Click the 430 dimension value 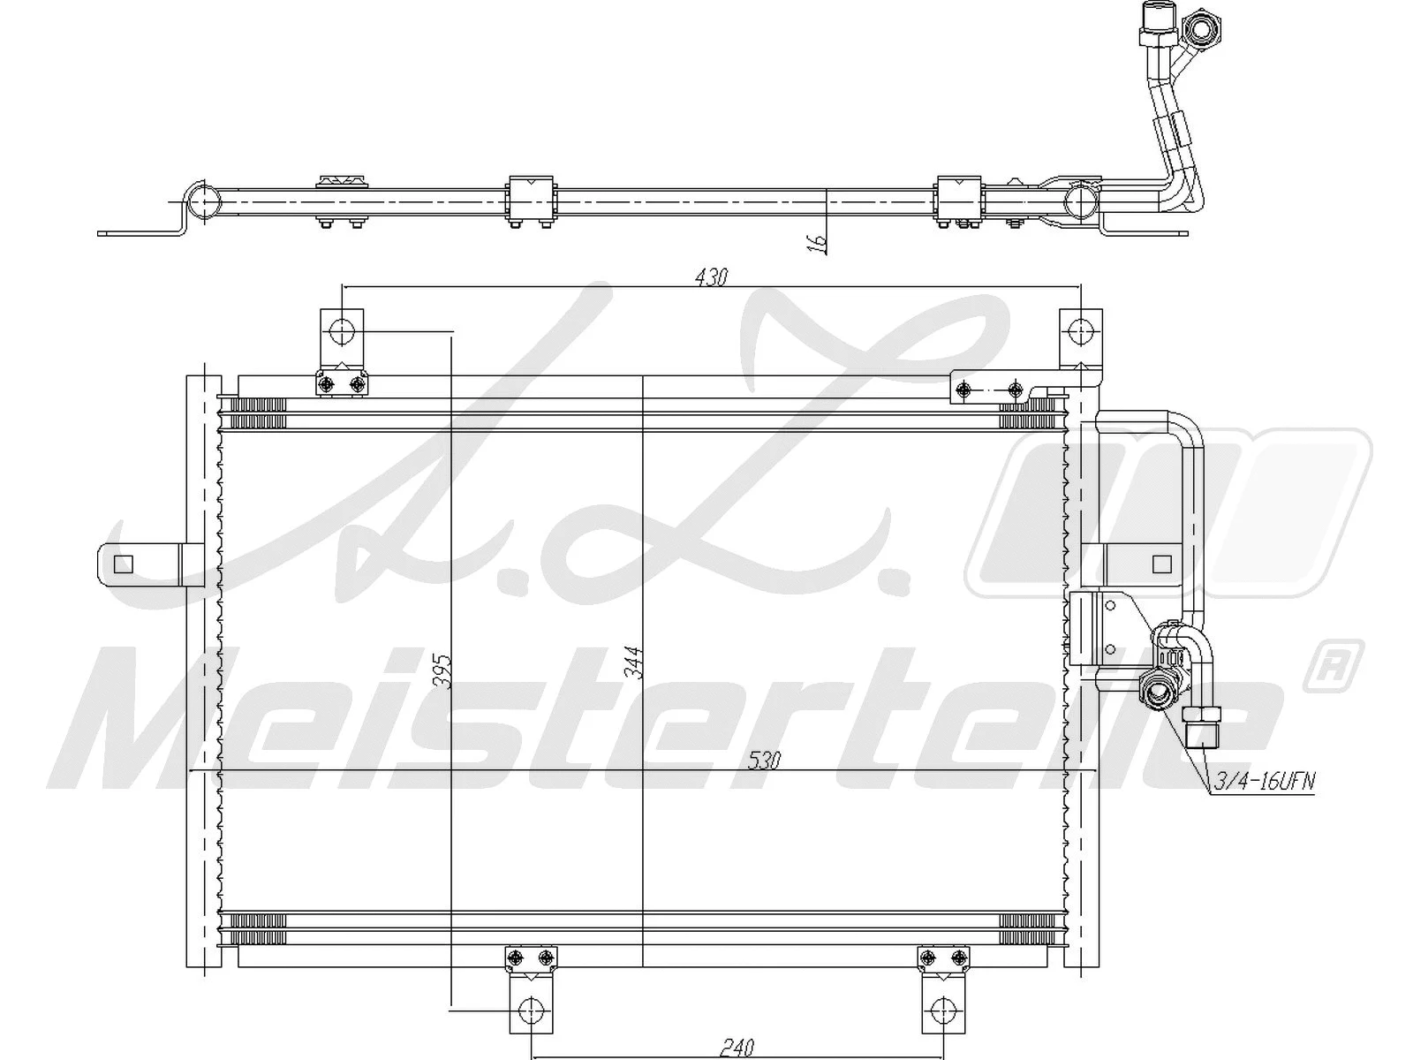coord(711,278)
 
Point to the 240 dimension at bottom coord(737,1048)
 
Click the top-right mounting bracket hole coord(1080,332)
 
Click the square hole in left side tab coord(124,564)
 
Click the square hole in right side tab coord(1163,564)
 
